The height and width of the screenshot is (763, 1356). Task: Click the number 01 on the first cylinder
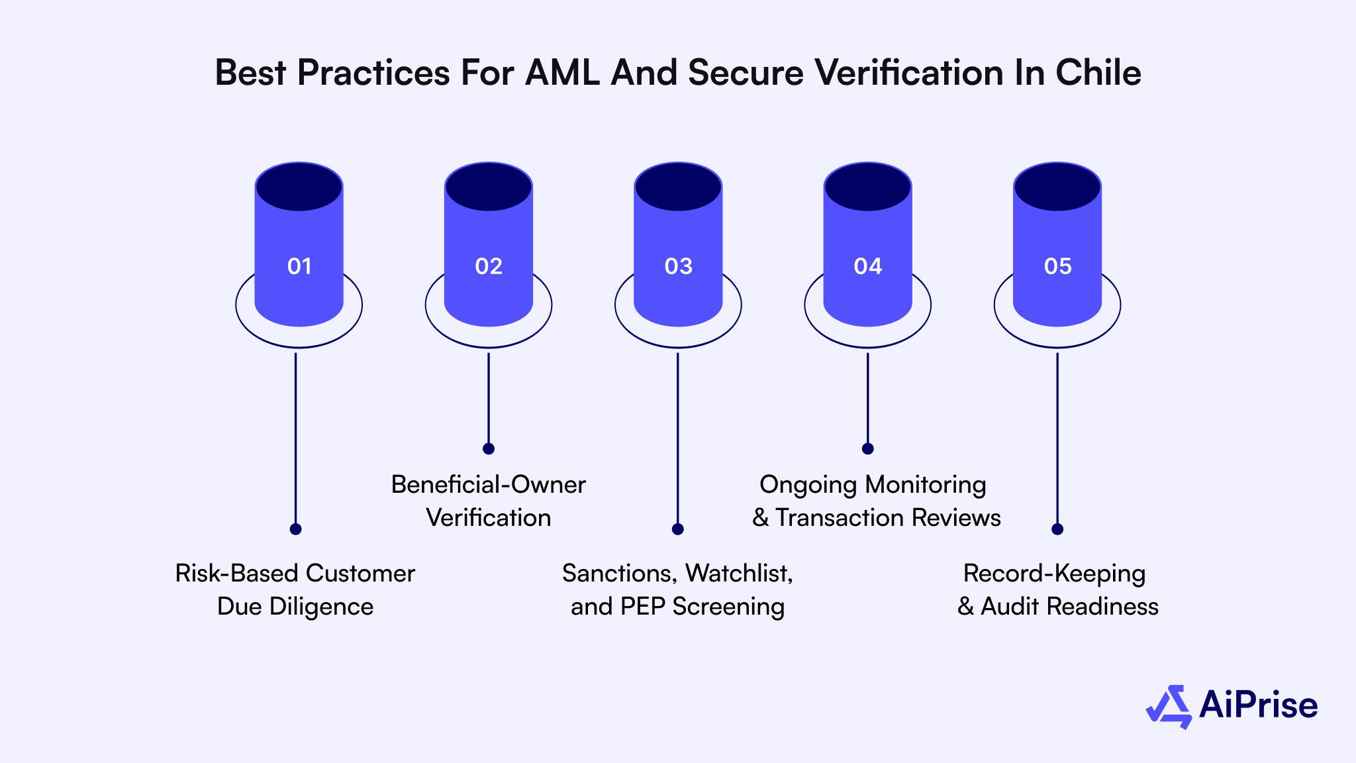(x=299, y=266)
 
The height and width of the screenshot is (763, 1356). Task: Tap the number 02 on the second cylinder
(x=489, y=266)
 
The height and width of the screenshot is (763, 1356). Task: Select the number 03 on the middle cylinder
(x=678, y=266)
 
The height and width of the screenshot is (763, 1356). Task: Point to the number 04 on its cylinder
(x=867, y=266)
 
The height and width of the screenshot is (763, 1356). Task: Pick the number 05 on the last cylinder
(x=1057, y=266)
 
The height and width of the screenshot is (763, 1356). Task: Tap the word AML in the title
(x=562, y=73)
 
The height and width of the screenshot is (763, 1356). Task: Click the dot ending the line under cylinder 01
(x=296, y=529)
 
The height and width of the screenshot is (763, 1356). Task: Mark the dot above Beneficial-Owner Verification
(x=489, y=448)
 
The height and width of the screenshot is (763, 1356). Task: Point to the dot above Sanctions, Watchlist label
(x=677, y=529)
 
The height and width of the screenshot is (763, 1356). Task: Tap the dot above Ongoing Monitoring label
(x=867, y=448)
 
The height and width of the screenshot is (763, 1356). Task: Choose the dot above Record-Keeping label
(x=1057, y=529)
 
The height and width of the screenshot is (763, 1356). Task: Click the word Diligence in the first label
(x=321, y=607)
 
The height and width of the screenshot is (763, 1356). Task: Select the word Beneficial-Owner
(x=489, y=485)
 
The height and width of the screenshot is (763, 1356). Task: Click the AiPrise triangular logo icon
(x=1169, y=707)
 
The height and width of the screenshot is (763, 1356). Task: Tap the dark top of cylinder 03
(x=678, y=187)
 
